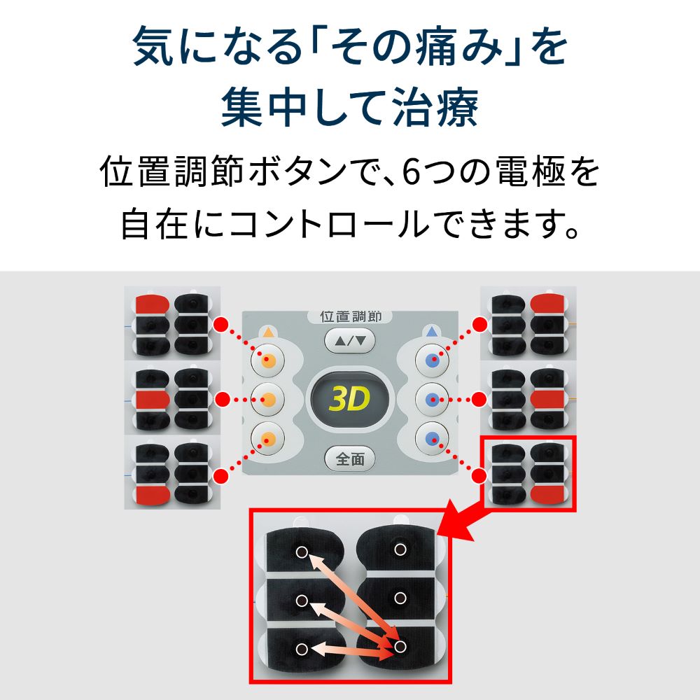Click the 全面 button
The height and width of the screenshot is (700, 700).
pyautogui.click(x=350, y=459)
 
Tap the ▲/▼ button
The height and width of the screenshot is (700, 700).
pyautogui.click(x=350, y=341)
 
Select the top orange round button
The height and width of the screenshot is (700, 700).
pyautogui.click(x=267, y=360)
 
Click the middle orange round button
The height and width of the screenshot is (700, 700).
pyautogui.click(x=267, y=400)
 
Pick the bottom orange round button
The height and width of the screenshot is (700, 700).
pyautogui.click(x=267, y=439)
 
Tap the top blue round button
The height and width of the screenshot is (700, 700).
pyautogui.click(x=432, y=360)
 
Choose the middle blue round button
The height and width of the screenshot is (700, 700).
pyautogui.click(x=432, y=400)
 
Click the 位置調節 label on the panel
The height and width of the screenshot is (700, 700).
pyautogui.click(x=350, y=316)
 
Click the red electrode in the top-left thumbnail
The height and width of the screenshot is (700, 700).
pyautogui.click(x=150, y=304)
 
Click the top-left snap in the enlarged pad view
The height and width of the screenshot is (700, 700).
pyautogui.click(x=301, y=551)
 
